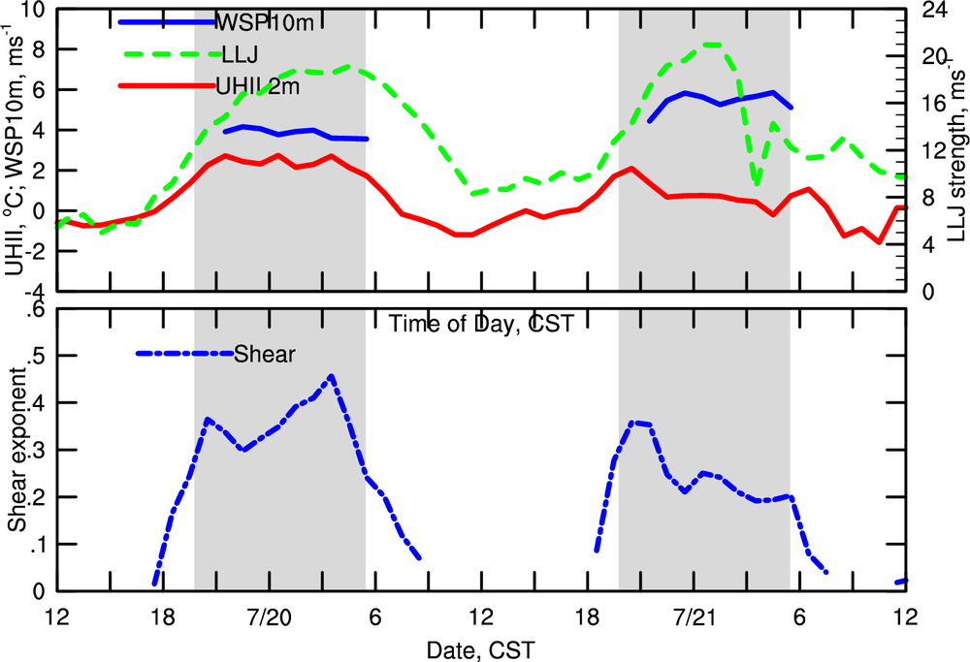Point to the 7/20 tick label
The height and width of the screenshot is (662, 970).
click(x=270, y=617)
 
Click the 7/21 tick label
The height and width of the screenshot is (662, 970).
click(x=694, y=617)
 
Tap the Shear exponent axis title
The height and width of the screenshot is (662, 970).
click(x=18, y=453)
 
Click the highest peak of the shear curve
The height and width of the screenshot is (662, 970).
click(x=332, y=376)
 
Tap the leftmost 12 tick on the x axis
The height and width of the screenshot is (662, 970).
click(x=57, y=617)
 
